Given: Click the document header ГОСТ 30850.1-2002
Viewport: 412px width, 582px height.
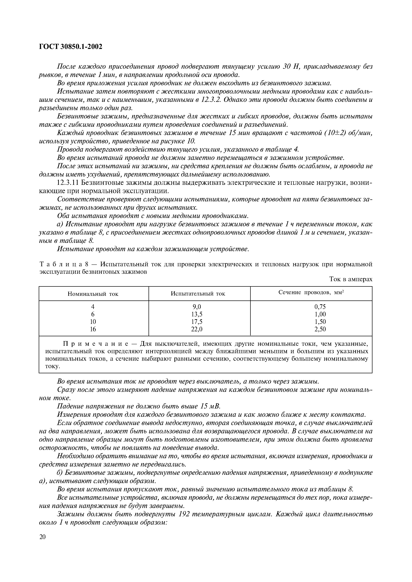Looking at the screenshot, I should [71, 47].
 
